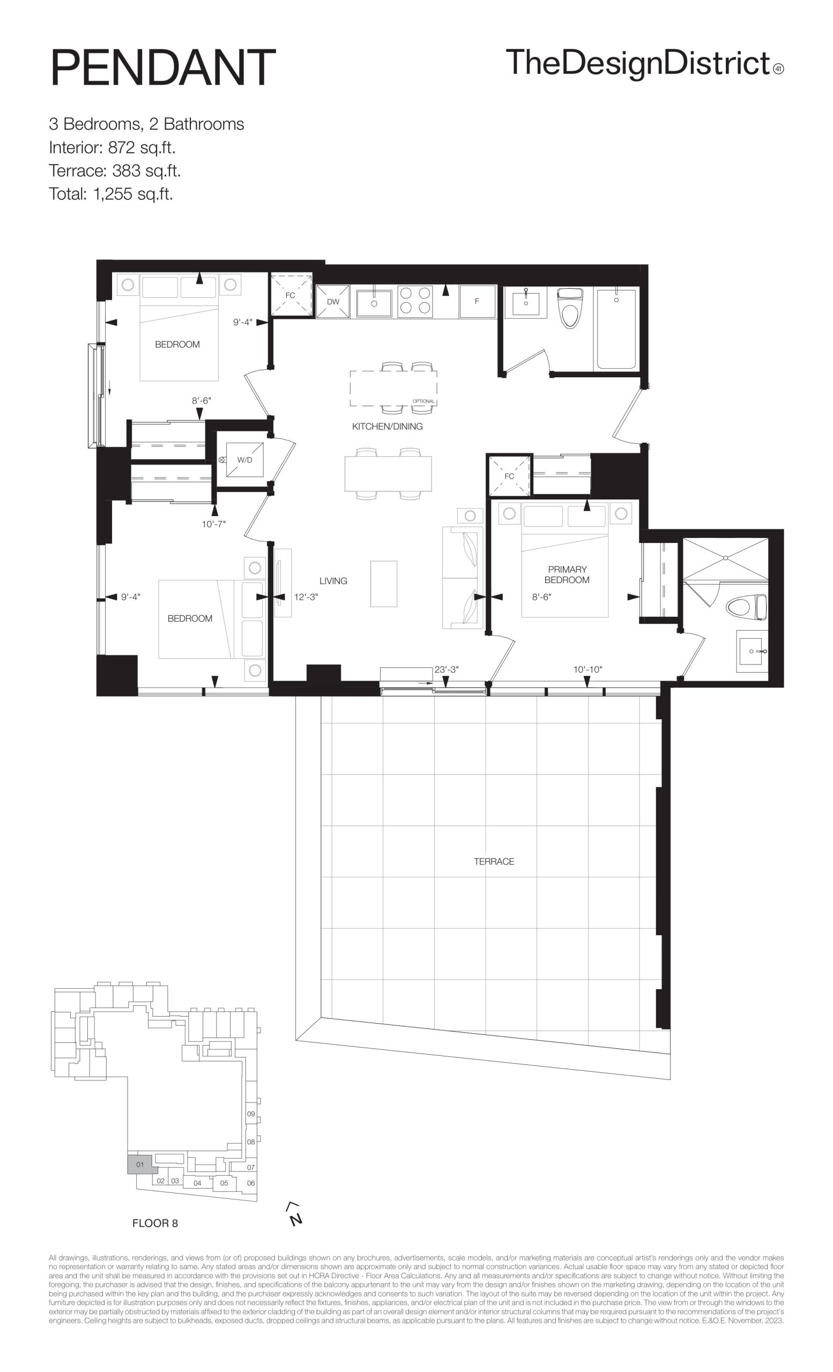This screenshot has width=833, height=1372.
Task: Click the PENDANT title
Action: (x=163, y=68)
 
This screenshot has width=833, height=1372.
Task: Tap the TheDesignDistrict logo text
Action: (x=638, y=64)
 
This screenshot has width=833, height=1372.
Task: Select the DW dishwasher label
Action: (x=333, y=302)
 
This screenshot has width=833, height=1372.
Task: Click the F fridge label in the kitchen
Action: (x=477, y=301)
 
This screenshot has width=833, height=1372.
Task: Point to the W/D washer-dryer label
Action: (x=244, y=460)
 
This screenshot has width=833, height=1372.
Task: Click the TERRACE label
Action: (x=494, y=861)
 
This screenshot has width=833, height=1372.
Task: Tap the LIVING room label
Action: (x=333, y=581)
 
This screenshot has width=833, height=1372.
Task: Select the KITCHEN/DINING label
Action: (x=387, y=427)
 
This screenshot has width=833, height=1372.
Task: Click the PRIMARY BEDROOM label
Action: (x=567, y=575)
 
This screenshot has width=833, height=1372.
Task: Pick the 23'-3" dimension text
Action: (x=447, y=669)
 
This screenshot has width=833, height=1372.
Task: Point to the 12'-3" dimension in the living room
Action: (x=306, y=597)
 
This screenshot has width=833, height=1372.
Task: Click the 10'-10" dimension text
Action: (x=588, y=669)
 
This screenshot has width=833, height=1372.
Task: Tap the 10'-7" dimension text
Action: (x=214, y=524)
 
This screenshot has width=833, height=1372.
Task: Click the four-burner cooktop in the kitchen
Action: (x=415, y=301)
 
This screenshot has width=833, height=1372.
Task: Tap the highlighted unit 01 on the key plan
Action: (x=139, y=1164)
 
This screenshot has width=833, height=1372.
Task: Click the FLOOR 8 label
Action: (x=155, y=1224)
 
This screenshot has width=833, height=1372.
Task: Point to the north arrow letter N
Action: (x=296, y=1219)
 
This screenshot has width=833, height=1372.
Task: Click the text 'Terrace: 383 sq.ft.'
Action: (x=115, y=170)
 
